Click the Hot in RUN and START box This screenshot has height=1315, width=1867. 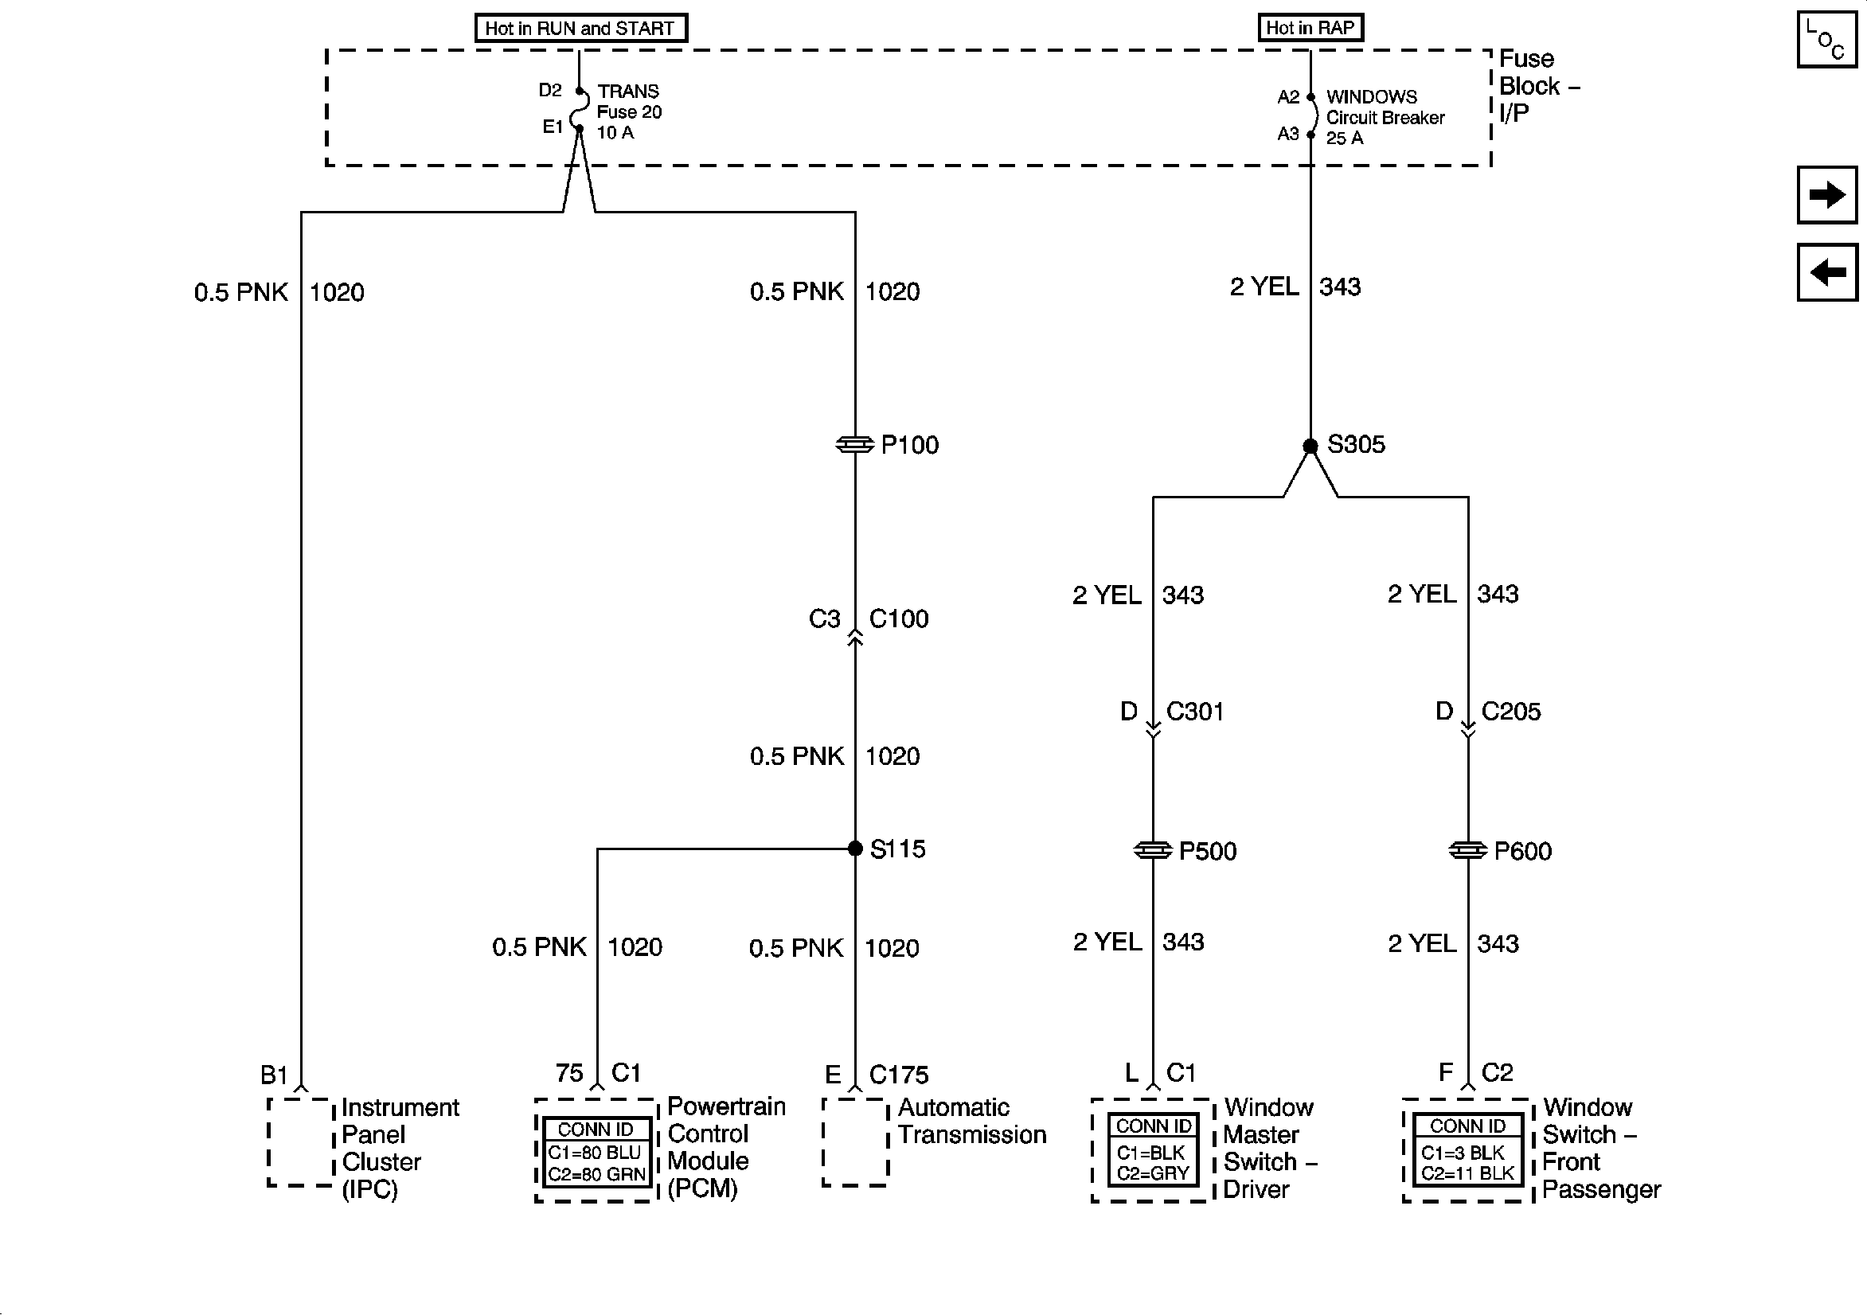click(x=580, y=29)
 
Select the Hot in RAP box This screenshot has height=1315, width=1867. click(x=1310, y=28)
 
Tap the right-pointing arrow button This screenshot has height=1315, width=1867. click(x=1827, y=195)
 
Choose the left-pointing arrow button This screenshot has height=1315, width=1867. click(x=1827, y=272)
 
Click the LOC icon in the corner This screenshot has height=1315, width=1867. click(x=1826, y=40)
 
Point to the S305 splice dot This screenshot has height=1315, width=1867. click(x=1310, y=447)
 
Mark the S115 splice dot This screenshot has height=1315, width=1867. click(x=854, y=849)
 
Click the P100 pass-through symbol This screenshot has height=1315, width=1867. click(x=854, y=445)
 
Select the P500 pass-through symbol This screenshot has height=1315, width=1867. click(x=1152, y=851)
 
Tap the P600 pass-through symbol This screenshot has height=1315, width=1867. click(x=1468, y=851)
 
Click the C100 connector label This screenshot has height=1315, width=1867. click(x=899, y=618)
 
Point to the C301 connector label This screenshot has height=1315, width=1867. click(x=1194, y=712)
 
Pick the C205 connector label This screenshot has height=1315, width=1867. click(x=1511, y=712)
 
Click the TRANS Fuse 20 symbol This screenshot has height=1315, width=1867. click(x=580, y=110)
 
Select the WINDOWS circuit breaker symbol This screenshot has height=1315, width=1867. click(x=1311, y=115)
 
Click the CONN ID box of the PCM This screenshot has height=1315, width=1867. click(x=596, y=1152)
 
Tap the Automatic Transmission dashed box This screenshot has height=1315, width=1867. click(x=854, y=1141)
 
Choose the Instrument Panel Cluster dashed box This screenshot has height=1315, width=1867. click(x=301, y=1141)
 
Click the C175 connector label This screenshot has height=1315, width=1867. click(x=899, y=1075)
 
